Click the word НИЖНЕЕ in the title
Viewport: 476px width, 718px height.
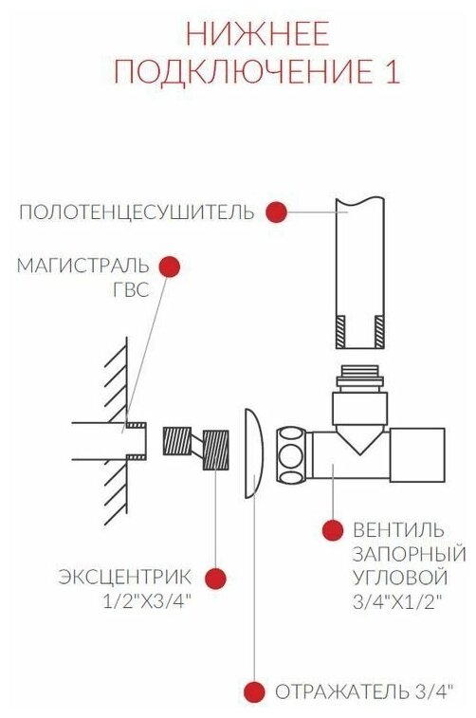pyautogui.click(x=258, y=33)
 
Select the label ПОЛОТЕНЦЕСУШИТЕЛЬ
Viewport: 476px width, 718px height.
pyautogui.click(x=136, y=212)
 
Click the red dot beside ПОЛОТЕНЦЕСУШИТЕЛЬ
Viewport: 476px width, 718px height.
pyautogui.click(x=276, y=212)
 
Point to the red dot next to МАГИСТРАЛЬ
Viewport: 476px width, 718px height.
pyautogui.click(x=170, y=267)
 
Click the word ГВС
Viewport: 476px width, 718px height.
pyautogui.click(x=131, y=289)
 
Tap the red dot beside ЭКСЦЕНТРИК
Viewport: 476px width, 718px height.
pyautogui.click(x=215, y=578)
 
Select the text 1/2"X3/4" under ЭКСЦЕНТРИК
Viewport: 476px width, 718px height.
pyautogui.click(x=146, y=601)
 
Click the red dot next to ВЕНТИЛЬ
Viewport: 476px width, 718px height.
pyautogui.click(x=332, y=530)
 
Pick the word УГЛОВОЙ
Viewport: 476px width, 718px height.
pyautogui.click(x=400, y=577)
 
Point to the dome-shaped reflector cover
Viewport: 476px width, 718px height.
pyautogui.click(x=253, y=453)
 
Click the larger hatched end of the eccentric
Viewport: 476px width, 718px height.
pyautogui.click(x=215, y=451)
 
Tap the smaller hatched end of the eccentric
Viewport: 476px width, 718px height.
pyautogui.click(x=177, y=440)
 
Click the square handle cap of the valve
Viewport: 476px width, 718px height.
pyautogui.click(x=417, y=454)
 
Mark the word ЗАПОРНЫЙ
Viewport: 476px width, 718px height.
pyautogui.click(x=410, y=554)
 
